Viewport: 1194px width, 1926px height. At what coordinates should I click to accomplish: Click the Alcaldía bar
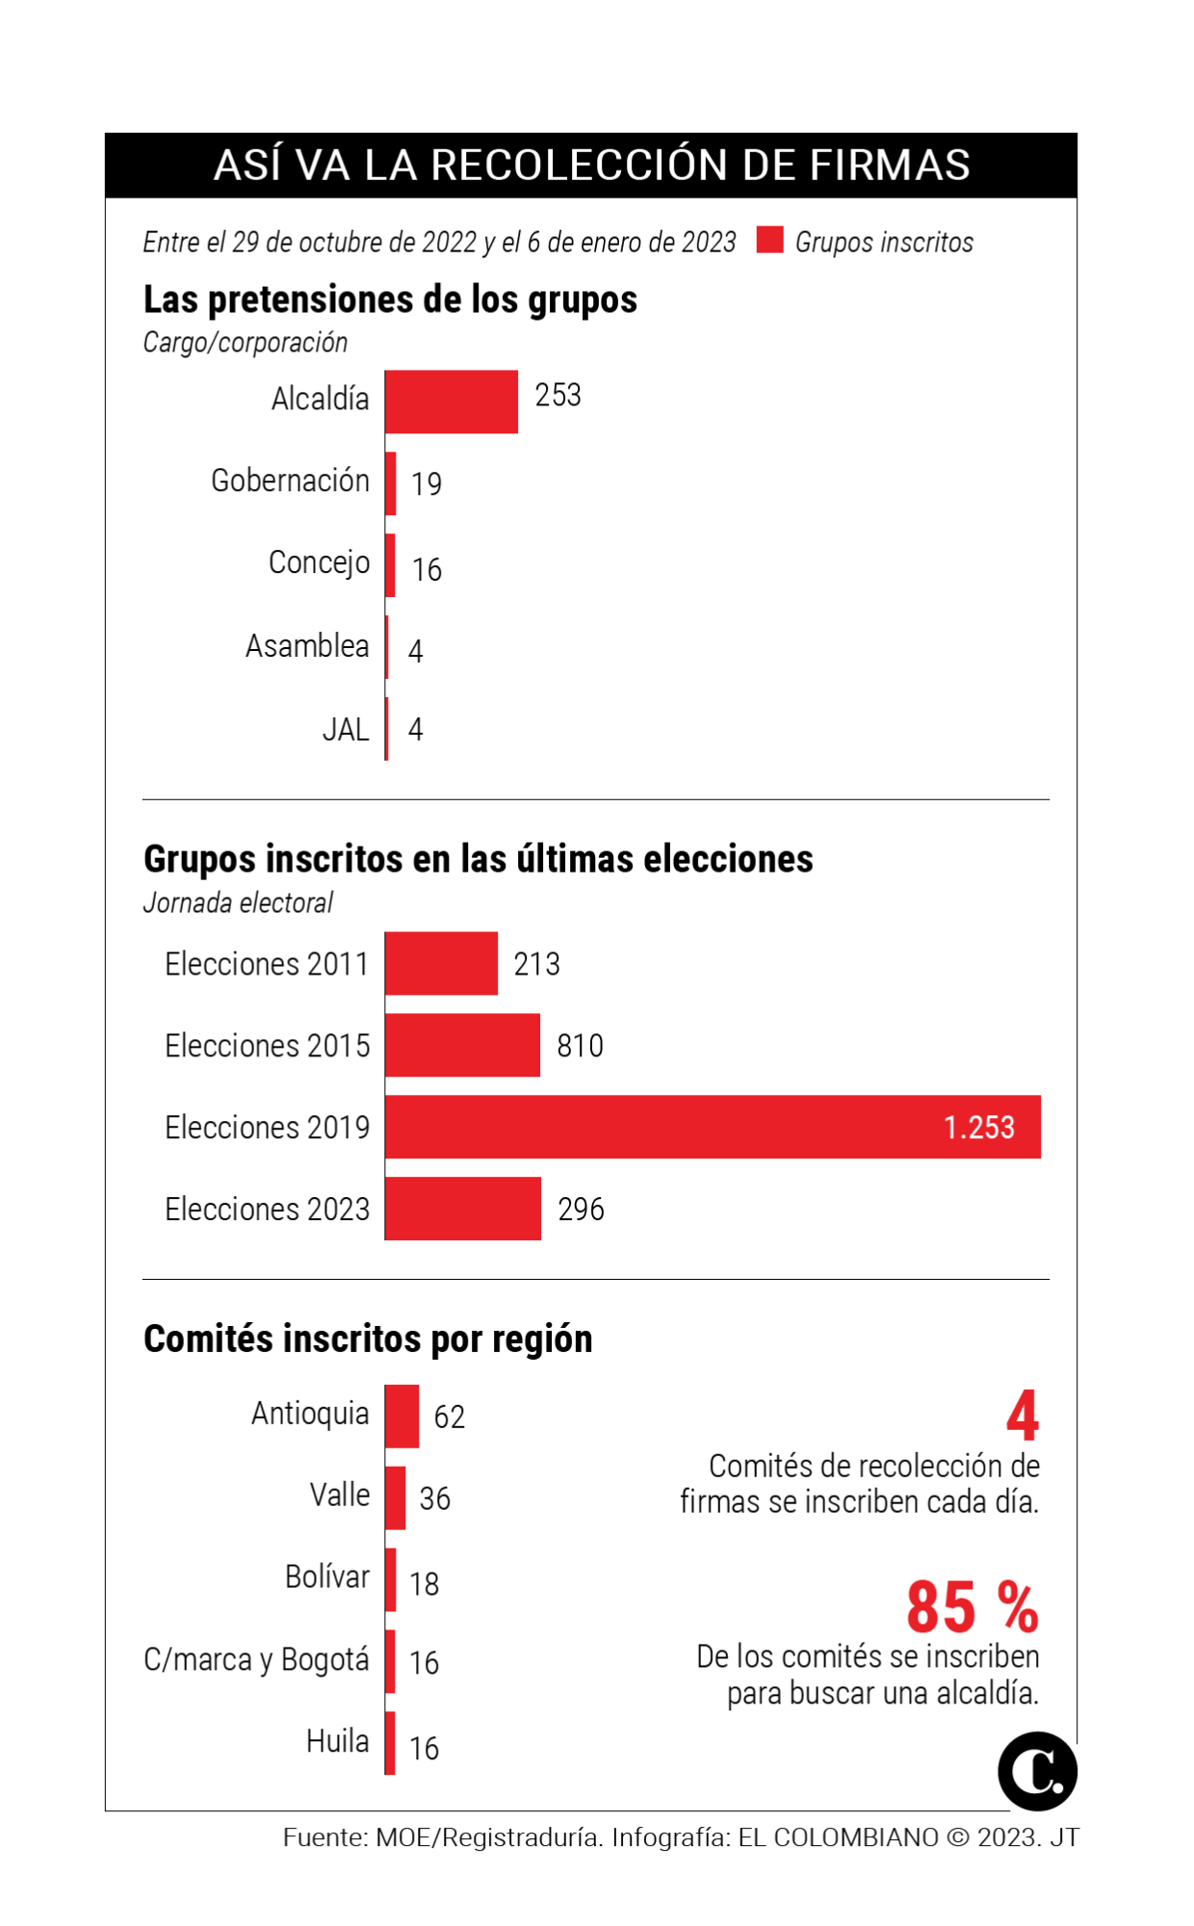click(x=451, y=402)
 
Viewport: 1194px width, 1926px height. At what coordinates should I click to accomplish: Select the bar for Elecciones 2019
click(x=713, y=1127)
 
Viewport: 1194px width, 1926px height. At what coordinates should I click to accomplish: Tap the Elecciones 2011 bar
click(x=441, y=963)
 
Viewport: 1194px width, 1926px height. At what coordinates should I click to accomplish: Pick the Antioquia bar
click(x=402, y=1416)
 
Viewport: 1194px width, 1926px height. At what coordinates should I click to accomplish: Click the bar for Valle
click(x=395, y=1497)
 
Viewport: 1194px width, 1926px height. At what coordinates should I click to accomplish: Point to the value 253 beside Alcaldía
click(x=558, y=396)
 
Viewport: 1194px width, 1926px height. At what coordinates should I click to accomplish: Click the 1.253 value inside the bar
click(x=978, y=1128)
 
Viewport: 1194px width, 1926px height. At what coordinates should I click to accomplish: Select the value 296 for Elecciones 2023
click(x=581, y=1210)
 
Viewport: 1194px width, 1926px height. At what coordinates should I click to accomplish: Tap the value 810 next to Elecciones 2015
click(x=580, y=1046)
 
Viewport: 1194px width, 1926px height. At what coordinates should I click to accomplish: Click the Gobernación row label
click(x=290, y=481)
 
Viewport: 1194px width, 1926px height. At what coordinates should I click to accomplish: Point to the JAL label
click(x=346, y=730)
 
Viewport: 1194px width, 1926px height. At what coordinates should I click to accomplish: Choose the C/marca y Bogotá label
click(x=256, y=1659)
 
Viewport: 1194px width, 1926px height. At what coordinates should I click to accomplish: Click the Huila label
click(x=337, y=1741)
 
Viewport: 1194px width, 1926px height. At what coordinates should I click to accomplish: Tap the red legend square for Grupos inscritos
click(x=769, y=240)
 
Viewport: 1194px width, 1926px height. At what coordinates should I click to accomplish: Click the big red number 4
click(x=1023, y=1416)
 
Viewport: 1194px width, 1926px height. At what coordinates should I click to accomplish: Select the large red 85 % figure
click(x=973, y=1607)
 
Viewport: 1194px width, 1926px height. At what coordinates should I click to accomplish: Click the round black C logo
click(x=1037, y=1771)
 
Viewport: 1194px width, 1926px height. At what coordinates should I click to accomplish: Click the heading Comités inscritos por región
click(x=368, y=1339)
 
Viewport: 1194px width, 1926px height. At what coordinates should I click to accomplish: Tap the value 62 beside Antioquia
click(x=449, y=1417)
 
